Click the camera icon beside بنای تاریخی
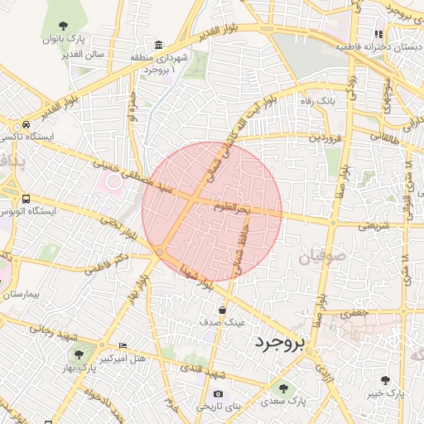pos(218,394)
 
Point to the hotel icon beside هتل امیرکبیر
pos(123,345)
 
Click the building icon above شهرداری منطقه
pos(158,44)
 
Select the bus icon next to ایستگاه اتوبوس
pos(26,200)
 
